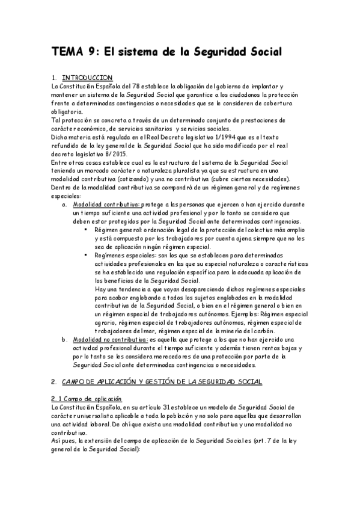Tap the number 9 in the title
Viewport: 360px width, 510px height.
[x=93, y=52]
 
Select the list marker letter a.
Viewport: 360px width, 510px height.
[x=64, y=204]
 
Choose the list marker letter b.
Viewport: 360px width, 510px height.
[x=64, y=339]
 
